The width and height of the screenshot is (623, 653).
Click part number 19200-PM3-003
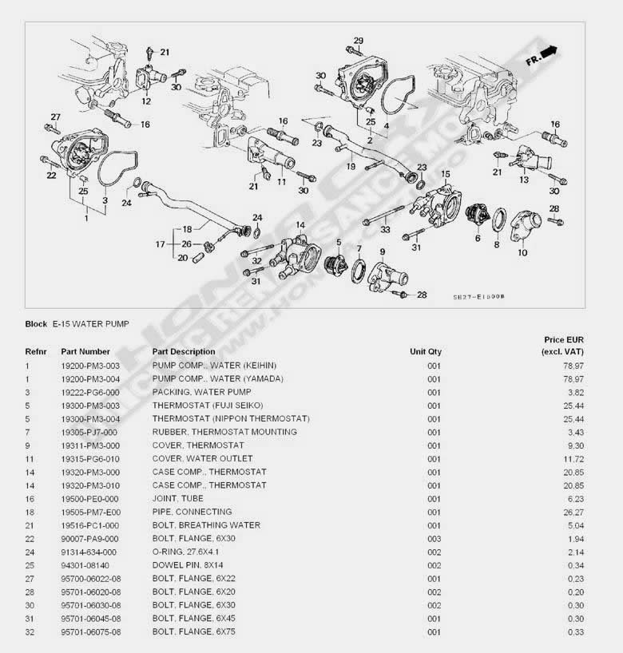click(x=90, y=365)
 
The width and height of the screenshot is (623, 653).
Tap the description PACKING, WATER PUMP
click(x=201, y=392)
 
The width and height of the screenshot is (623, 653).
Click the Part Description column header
click(x=183, y=351)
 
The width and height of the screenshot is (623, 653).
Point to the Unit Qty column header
click(x=425, y=351)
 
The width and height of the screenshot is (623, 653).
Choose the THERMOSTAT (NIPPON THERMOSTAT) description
click(x=231, y=418)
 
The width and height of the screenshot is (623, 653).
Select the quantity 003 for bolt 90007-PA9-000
click(x=434, y=538)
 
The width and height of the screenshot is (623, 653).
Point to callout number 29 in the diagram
click(x=359, y=41)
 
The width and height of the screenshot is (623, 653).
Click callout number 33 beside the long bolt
click(x=385, y=229)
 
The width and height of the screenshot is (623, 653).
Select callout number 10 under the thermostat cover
click(x=522, y=252)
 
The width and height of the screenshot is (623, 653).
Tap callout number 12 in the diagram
click(x=146, y=101)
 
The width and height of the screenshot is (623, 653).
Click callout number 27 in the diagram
click(x=56, y=117)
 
